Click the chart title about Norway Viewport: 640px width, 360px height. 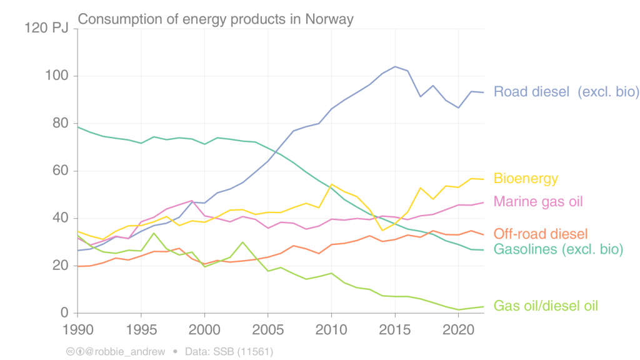(216, 19)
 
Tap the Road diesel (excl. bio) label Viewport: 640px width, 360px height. (566, 92)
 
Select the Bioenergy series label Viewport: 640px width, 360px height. (526, 179)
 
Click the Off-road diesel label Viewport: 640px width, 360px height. (541, 234)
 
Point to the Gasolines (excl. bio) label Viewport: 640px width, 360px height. (558, 249)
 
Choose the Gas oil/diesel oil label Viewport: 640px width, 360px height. (546, 306)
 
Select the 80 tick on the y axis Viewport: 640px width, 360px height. (61, 124)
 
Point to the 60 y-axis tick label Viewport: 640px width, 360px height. (61, 171)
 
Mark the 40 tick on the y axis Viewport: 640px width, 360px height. (61, 219)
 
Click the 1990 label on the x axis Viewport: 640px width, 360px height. (77, 329)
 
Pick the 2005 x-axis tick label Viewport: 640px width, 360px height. (268, 329)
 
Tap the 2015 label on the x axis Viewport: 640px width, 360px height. (395, 329)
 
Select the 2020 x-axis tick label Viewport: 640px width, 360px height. (459, 329)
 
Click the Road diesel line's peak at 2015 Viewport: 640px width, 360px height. (395, 66)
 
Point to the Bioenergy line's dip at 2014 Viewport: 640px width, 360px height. (382, 231)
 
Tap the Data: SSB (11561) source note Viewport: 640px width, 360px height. (229, 352)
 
